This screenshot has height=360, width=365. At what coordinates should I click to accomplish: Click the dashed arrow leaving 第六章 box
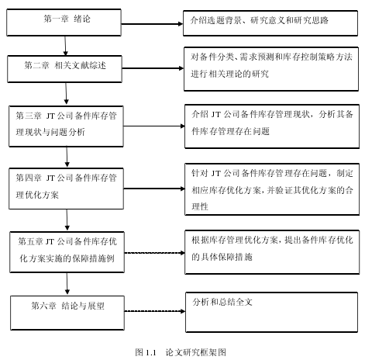pos(155,311)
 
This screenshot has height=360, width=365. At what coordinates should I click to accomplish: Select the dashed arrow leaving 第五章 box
pos(154,253)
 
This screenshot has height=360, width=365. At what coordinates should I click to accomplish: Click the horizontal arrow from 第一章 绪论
pos(152,24)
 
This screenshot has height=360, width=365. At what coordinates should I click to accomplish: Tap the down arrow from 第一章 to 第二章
pos(65,46)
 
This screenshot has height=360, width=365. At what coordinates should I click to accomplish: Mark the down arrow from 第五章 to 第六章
pos(67,283)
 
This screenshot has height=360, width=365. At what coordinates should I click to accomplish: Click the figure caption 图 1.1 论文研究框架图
pos(181,352)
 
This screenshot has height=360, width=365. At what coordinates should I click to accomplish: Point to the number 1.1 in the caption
pos(151,352)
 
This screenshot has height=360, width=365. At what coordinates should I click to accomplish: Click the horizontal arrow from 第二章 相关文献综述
pos(153,68)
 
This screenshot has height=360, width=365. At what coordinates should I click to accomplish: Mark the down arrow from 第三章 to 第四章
pos(67,157)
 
